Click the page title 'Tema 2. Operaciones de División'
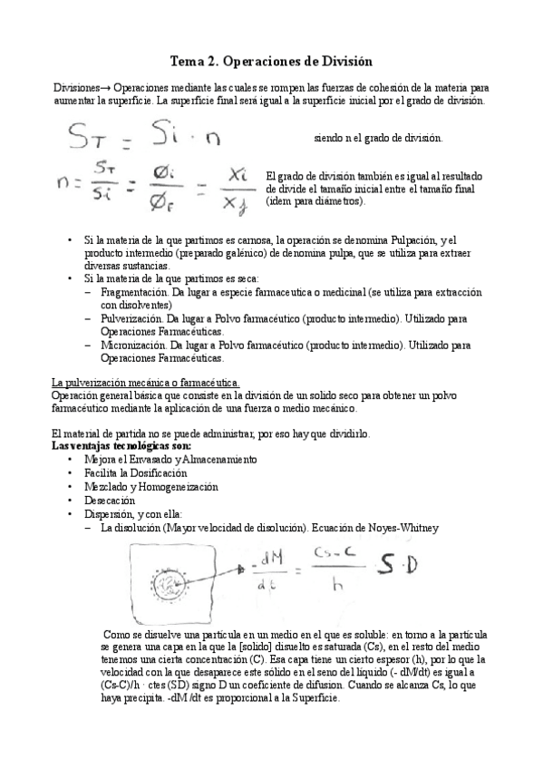click(x=272, y=61)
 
